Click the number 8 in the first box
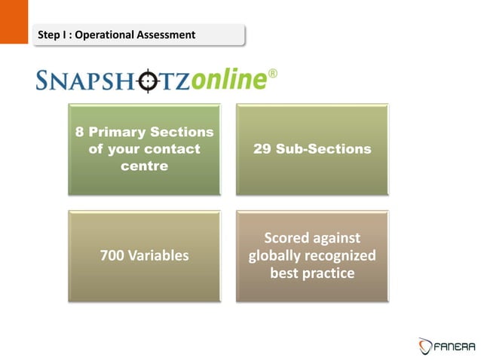79,133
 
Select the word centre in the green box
144,165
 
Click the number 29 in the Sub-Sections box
265,149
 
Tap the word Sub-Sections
324,149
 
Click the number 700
112,256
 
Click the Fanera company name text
455,346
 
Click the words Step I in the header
54,35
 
